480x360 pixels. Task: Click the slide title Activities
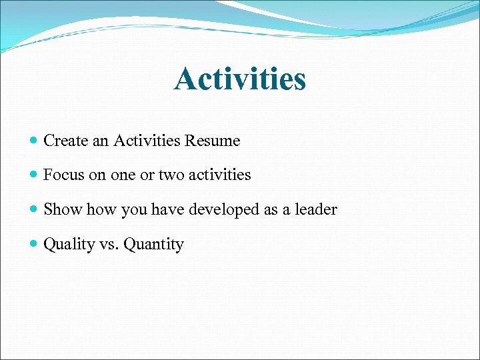coord(240,79)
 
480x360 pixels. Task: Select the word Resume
coord(213,141)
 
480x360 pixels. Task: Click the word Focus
coord(63,175)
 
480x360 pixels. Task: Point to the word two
coord(171,175)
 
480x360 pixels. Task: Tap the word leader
coord(317,209)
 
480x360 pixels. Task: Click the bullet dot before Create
coord(34,141)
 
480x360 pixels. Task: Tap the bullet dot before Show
coord(34,210)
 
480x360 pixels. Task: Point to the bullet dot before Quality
coord(34,245)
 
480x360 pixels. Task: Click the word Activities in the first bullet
coord(147,141)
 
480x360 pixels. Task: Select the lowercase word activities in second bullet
coord(220,175)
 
